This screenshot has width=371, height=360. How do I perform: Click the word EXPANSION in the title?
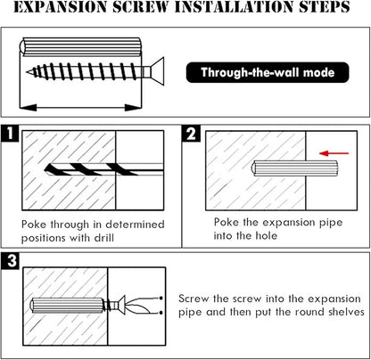pyautogui.click(x=60, y=7)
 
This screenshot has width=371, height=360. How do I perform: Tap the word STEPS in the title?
pyautogui.click(x=325, y=7)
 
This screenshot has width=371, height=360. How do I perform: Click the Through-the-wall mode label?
pyautogui.click(x=268, y=72)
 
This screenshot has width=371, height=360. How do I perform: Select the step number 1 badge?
pyautogui.click(x=10, y=134)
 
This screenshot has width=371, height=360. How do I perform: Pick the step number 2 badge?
pyautogui.click(x=191, y=134)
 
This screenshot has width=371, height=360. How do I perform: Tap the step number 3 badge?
pyautogui.click(x=11, y=261)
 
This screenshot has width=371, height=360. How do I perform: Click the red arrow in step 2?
pyautogui.click(x=334, y=153)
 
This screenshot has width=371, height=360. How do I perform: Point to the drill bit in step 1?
pyautogui.click(x=103, y=169)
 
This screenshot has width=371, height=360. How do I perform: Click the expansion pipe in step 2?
pyautogui.click(x=295, y=168)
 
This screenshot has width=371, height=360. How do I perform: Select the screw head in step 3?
pyautogui.click(x=121, y=305)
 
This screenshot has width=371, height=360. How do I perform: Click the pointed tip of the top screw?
pyautogui.click(x=27, y=72)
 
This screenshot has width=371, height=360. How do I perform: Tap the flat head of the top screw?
pyautogui.click(x=157, y=71)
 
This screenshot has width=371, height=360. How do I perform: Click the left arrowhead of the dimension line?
pyautogui.click(x=28, y=107)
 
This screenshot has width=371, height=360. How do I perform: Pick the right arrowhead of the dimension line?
pyautogui.click(x=133, y=107)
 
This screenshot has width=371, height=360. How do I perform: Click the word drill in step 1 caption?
pyautogui.click(x=104, y=238)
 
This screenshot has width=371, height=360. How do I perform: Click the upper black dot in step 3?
pyautogui.click(x=161, y=298)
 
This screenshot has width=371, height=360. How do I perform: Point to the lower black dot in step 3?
pyautogui.click(x=161, y=313)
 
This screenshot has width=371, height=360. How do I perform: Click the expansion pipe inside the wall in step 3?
pyautogui.click(x=67, y=305)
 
